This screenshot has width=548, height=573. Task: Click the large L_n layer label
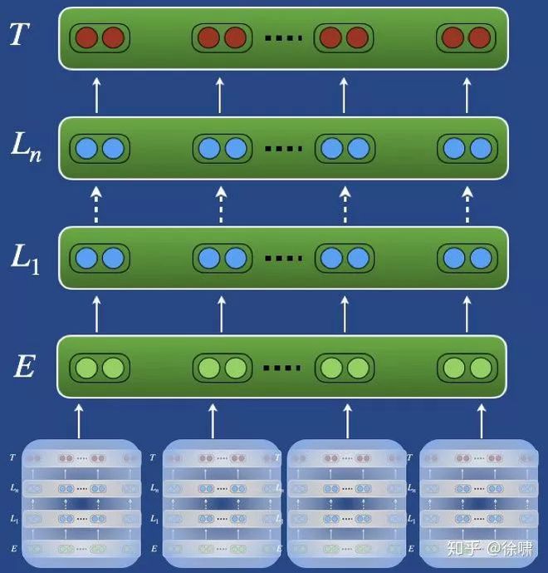pos(26,147)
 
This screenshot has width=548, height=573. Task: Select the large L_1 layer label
pos(26,258)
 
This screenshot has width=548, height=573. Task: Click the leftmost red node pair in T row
pos(100,37)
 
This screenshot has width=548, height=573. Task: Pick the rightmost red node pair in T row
pos(466,37)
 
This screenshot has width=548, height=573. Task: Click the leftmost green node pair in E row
pos(100,367)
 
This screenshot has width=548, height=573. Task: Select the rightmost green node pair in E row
pos(466,367)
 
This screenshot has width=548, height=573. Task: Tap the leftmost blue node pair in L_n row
pos(100,148)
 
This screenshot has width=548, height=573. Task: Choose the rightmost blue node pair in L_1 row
pos(466,258)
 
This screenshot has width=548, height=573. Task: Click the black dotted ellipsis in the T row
pos(283,38)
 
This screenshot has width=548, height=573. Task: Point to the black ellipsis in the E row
pos(283,368)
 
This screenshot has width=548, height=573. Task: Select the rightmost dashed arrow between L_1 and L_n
pos(468,204)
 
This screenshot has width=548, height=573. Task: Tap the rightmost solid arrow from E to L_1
pos(468,314)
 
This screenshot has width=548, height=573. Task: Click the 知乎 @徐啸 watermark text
pos(490,548)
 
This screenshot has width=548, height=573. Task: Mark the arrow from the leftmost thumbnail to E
pos(80,420)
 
